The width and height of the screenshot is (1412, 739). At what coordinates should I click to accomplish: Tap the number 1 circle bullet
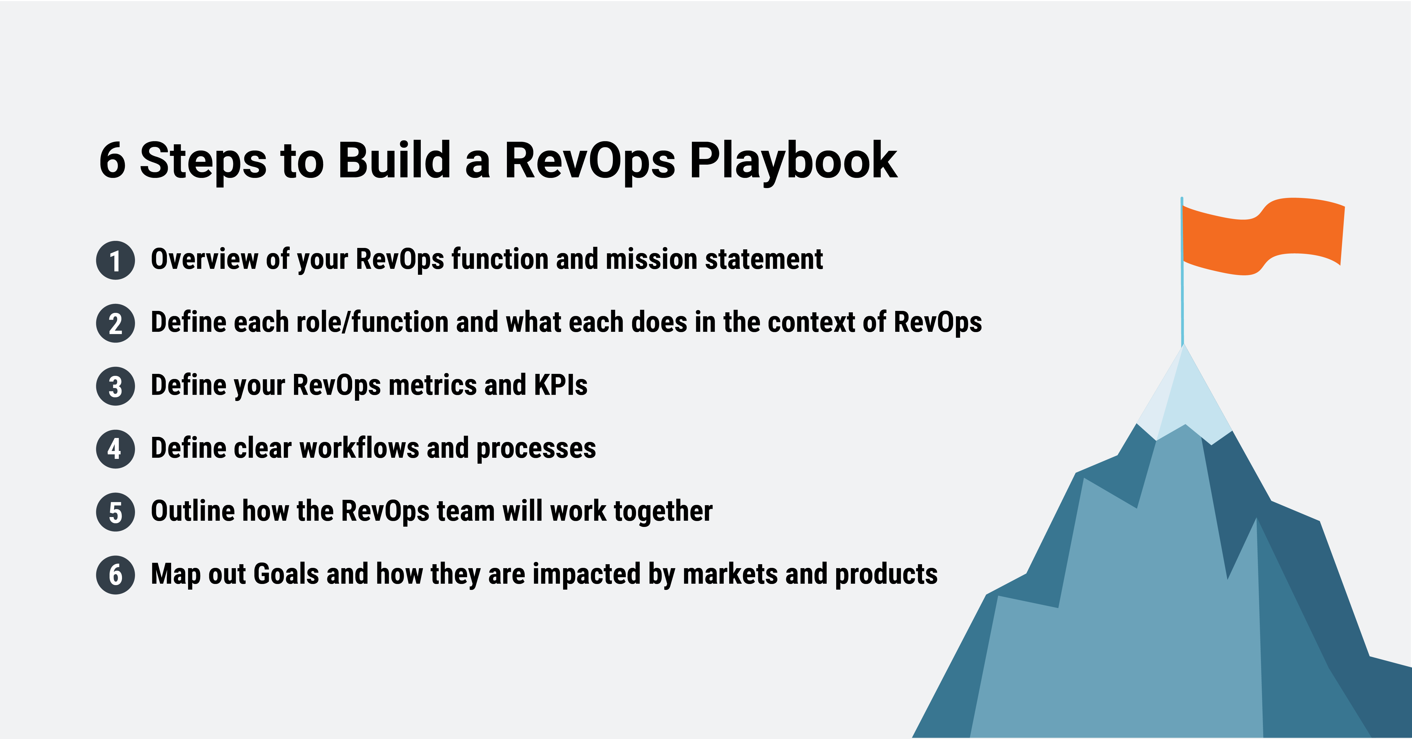point(115,260)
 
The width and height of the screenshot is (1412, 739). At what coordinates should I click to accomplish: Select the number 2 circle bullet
point(115,323)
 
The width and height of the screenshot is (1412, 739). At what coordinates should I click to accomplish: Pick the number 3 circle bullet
point(115,387)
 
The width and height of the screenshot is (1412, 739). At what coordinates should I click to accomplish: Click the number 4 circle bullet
point(115,449)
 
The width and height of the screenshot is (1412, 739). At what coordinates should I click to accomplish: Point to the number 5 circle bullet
point(115,512)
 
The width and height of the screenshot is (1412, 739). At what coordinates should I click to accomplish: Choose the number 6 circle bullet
point(115,575)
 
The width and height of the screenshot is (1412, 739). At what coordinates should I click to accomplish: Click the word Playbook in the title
point(793,161)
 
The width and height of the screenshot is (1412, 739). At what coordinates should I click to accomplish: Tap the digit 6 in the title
point(112,161)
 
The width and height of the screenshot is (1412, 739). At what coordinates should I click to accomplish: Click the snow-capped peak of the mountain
point(1184,395)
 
